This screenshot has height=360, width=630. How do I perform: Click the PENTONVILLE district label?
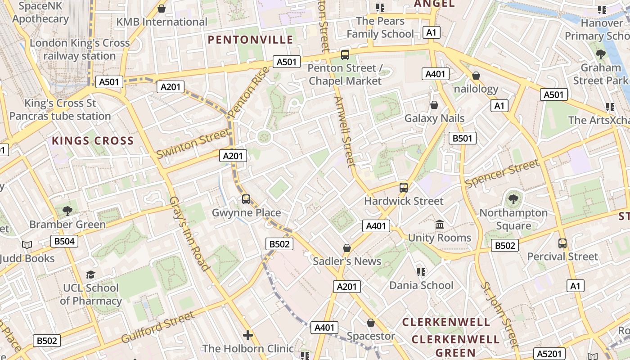[x=251, y=40]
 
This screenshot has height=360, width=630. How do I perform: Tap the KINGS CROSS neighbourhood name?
[x=93, y=140]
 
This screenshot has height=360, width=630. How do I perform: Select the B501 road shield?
[x=462, y=138]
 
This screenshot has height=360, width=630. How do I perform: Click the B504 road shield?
[x=64, y=241]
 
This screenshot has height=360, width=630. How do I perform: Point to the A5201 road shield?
[x=548, y=354]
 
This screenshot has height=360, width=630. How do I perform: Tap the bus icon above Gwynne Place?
[x=246, y=199]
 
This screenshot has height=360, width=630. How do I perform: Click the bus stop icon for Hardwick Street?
[x=404, y=188]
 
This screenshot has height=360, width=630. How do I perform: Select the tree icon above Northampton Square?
[x=513, y=199]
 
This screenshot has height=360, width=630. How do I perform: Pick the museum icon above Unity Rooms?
[x=439, y=224]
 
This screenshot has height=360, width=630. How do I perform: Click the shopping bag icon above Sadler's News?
[x=347, y=248]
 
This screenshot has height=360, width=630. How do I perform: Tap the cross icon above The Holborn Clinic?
[x=247, y=335]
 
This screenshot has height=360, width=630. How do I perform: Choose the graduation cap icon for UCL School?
[x=91, y=274]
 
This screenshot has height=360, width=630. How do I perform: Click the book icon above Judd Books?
[x=27, y=245]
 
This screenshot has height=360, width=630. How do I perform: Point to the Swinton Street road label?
[x=193, y=143]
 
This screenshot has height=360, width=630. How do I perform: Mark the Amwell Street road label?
[x=345, y=131]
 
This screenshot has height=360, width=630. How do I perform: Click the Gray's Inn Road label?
[x=189, y=234]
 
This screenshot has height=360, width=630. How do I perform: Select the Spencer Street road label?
[x=502, y=174]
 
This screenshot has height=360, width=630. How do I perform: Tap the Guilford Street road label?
[x=158, y=326]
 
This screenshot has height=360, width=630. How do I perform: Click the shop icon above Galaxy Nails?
[x=434, y=105]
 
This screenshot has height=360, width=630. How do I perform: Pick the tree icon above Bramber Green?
[x=67, y=211]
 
